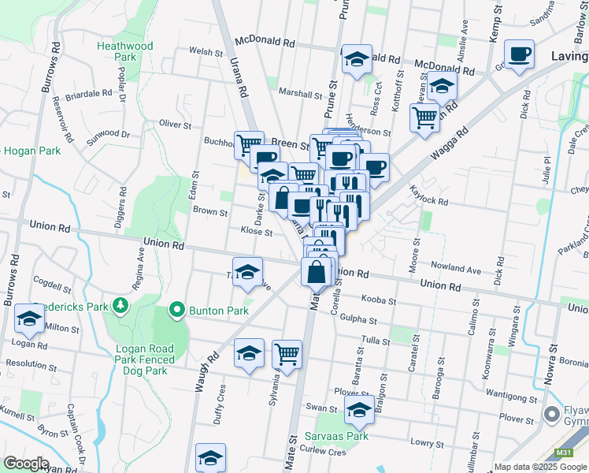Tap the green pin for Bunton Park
point(176,311)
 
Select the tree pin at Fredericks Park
point(120,304)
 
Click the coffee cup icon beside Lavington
point(520,54)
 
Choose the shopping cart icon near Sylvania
point(287,354)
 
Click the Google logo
point(26,464)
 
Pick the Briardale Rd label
point(89,93)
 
